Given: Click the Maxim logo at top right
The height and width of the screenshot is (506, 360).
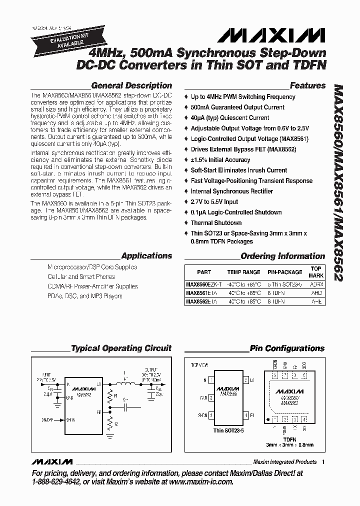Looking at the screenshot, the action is pos(271,34).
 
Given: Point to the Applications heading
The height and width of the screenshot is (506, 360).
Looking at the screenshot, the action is pos(146,255).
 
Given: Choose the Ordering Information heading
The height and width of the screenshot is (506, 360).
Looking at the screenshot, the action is pos(283,256).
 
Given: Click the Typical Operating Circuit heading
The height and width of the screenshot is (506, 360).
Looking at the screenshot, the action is pos(121,348).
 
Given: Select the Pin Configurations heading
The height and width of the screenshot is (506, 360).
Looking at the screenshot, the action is pos(287,348).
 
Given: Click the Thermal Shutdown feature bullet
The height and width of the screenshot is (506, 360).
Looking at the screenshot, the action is pos(216,223).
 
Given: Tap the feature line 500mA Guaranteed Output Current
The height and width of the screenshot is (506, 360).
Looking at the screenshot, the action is pos(237,107).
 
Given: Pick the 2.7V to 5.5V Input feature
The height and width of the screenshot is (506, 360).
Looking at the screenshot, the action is pos(214,202).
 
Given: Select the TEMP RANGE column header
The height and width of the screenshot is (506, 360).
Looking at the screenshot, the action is pos(243,272).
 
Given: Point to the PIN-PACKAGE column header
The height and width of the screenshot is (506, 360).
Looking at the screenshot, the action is pos(284,272).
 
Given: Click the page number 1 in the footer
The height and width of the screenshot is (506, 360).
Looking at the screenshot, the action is pos(324,461).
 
